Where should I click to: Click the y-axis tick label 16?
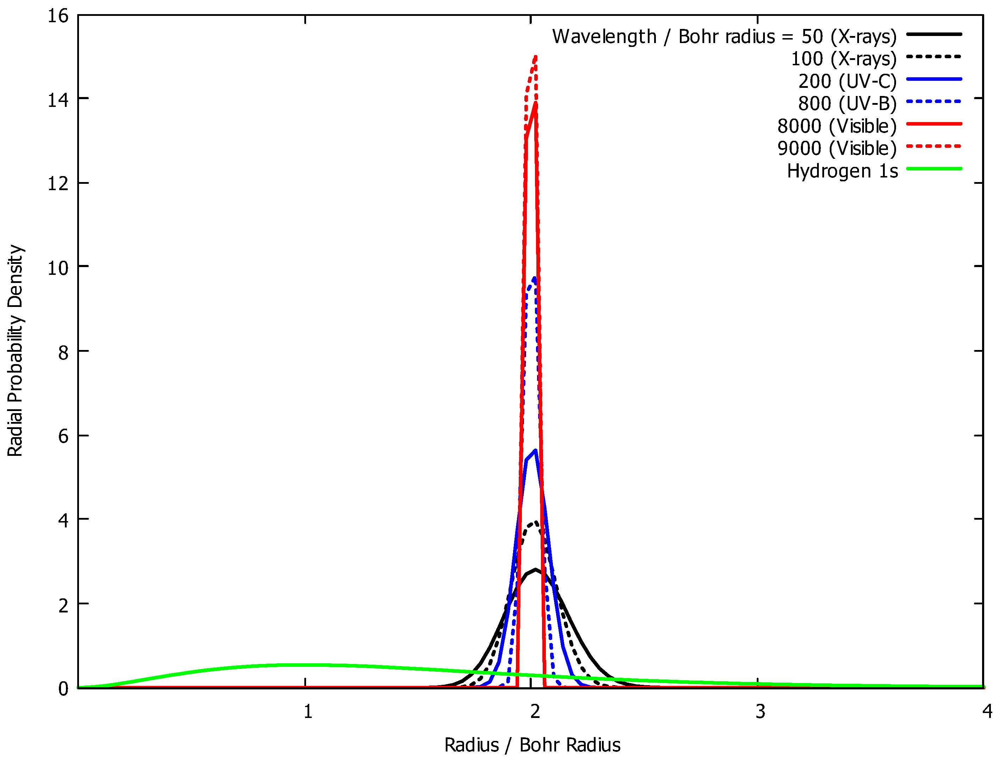click(x=58, y=16)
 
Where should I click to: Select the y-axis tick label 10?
click(x=58, y=268)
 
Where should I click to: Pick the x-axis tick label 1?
click(x=308, y=712)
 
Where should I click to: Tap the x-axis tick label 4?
click(x=987, y=712)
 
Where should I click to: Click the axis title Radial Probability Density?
click(x=15, y=351)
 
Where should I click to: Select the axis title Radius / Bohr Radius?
click(x=532, y=745)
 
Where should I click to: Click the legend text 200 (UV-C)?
click(x=847, y=81)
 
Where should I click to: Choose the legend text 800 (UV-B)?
click(x=847, y=104)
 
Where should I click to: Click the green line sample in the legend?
click(x=934, y=169)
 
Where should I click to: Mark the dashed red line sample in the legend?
click(x=934, y=146)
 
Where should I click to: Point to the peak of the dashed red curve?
click(x=536, y=56)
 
